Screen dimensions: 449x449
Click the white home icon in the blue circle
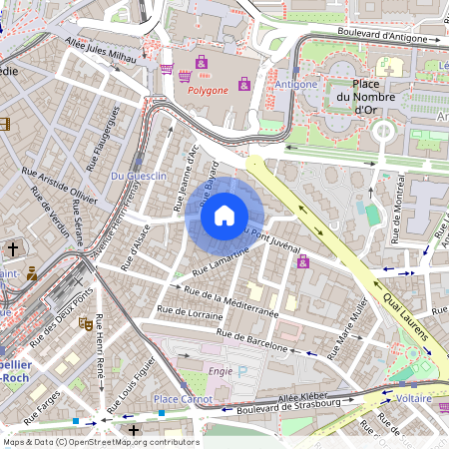(x=224, y=215)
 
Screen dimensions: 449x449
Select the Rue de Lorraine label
(x=191, y=312)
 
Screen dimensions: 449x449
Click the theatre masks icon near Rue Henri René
(x=87, y=323)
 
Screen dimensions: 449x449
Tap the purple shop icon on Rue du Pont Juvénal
(x=302, y=261)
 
